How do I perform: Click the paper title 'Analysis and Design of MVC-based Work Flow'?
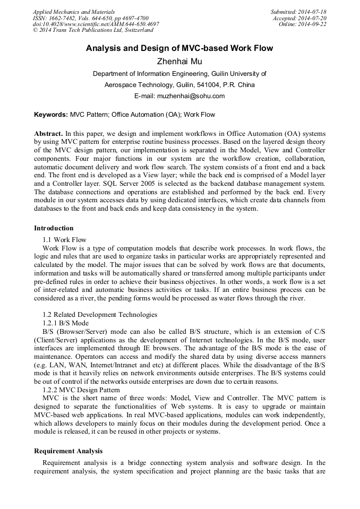179,48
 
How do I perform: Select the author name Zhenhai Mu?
179,62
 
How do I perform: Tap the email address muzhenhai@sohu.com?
194,96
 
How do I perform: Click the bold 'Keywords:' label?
51,114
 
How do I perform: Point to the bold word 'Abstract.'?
49,133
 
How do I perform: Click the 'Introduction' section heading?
54,228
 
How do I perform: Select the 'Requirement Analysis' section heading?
68,451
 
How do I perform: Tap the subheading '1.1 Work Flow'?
64,240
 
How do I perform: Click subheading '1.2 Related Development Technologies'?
100,315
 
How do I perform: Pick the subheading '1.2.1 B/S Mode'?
65,323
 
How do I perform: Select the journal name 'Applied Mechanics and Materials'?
74,12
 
